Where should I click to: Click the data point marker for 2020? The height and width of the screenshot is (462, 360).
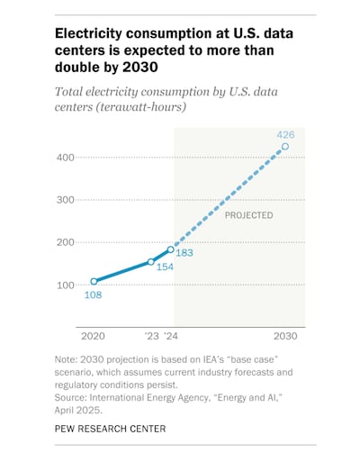pos(94,281)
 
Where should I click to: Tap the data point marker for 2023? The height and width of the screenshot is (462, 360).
pos(151,262)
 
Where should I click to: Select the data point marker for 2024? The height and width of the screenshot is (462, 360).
pos(170,249)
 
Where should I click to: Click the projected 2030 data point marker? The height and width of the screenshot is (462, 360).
pos(285,146)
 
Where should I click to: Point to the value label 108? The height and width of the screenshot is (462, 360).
pos(94,294)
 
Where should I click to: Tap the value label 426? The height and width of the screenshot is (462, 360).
pos(285,132)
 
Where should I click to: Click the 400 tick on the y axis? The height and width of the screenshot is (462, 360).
pos(65,157)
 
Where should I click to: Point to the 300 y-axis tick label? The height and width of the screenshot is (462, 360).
pos(65,199)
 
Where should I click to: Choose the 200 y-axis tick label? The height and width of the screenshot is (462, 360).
pos(65,242)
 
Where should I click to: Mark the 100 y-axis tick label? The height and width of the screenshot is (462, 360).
pos(65,285)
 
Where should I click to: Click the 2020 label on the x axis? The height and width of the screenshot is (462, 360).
pos(94,336)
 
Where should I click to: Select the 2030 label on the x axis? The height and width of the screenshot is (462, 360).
pos(285,336)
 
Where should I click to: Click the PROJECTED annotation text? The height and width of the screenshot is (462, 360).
pos(248,216)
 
